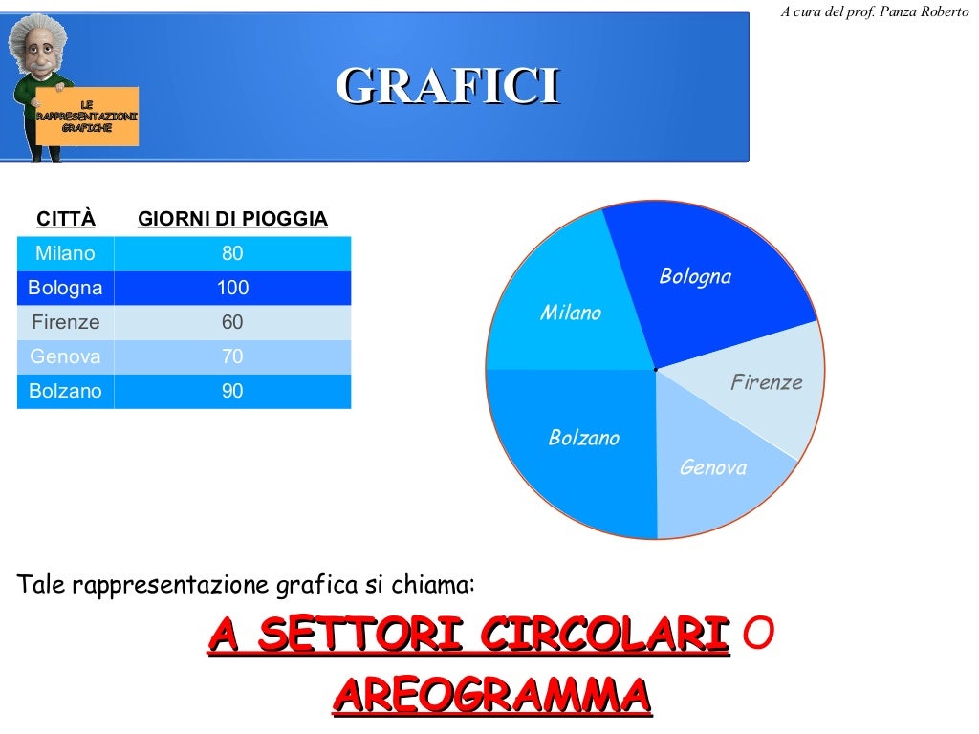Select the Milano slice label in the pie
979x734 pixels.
tap(571, 313)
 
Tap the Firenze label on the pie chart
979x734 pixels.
tap(767, 382)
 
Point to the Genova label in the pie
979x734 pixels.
tap(713, 467)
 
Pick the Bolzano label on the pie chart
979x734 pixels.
tap(584, 438)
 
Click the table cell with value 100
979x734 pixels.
tap(232, 288)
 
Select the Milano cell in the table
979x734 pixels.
tap(65, 253)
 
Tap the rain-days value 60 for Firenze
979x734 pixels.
tap(232, 322)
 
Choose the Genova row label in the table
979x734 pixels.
tap(65, 356)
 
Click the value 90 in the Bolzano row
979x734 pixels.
tap(232, 391)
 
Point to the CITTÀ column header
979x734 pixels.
tap(66, 219)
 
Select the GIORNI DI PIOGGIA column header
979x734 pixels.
tap(232, 219)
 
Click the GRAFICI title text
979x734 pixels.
tap(446, 87)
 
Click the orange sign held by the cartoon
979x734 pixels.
tap(87, 116)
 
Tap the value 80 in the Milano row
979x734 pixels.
tap(232, 253)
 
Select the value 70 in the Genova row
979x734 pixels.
tap(232, 356)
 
